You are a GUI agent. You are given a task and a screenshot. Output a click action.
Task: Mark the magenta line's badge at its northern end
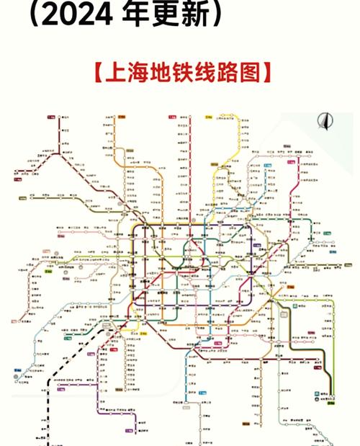pyautogui.click(x=290, y=162)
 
